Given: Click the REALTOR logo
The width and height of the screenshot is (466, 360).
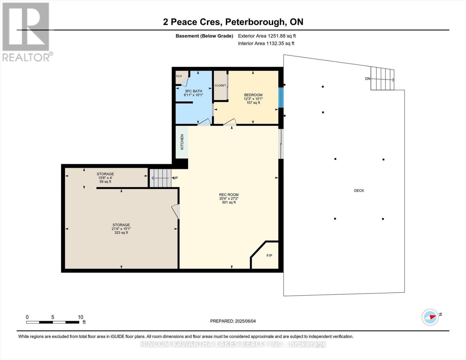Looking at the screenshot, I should click(x=26, y=31).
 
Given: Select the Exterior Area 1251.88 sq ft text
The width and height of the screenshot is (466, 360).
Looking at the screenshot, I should click(x=267, y=36).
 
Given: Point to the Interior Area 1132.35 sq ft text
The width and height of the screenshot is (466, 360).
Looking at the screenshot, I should click(x=266, y=43).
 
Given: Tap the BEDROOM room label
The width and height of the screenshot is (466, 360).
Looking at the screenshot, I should click(x=253, y=95).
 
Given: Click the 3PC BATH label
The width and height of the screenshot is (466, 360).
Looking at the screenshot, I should click(x=193, y=91).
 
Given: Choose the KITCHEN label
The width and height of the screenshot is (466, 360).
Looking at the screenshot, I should click(x=182, y=142).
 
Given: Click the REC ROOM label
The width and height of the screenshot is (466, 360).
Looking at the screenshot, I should click(x=229, y=195).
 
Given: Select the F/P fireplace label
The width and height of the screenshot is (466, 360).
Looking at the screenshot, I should click(x=269, y=256).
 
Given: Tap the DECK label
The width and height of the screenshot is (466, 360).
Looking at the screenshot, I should click(x=359, y=190).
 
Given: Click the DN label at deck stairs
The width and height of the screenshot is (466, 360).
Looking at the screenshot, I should click(x=368, y=79).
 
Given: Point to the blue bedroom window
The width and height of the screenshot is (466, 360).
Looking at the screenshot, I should click(x=281, y=97).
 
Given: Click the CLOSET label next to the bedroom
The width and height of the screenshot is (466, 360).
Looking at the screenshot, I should click(x=220, y=85).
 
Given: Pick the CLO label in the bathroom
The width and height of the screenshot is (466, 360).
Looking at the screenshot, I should click(x=179, y=76).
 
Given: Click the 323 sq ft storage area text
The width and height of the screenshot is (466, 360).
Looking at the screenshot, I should click(x=121, y=232).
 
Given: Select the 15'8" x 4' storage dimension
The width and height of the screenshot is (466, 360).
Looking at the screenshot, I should click(x=105, y=178).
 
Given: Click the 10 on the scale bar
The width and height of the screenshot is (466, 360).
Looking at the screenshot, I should click(x=80, y=317).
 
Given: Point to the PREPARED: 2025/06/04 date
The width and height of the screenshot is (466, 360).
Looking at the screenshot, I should click(x=233, y=321).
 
